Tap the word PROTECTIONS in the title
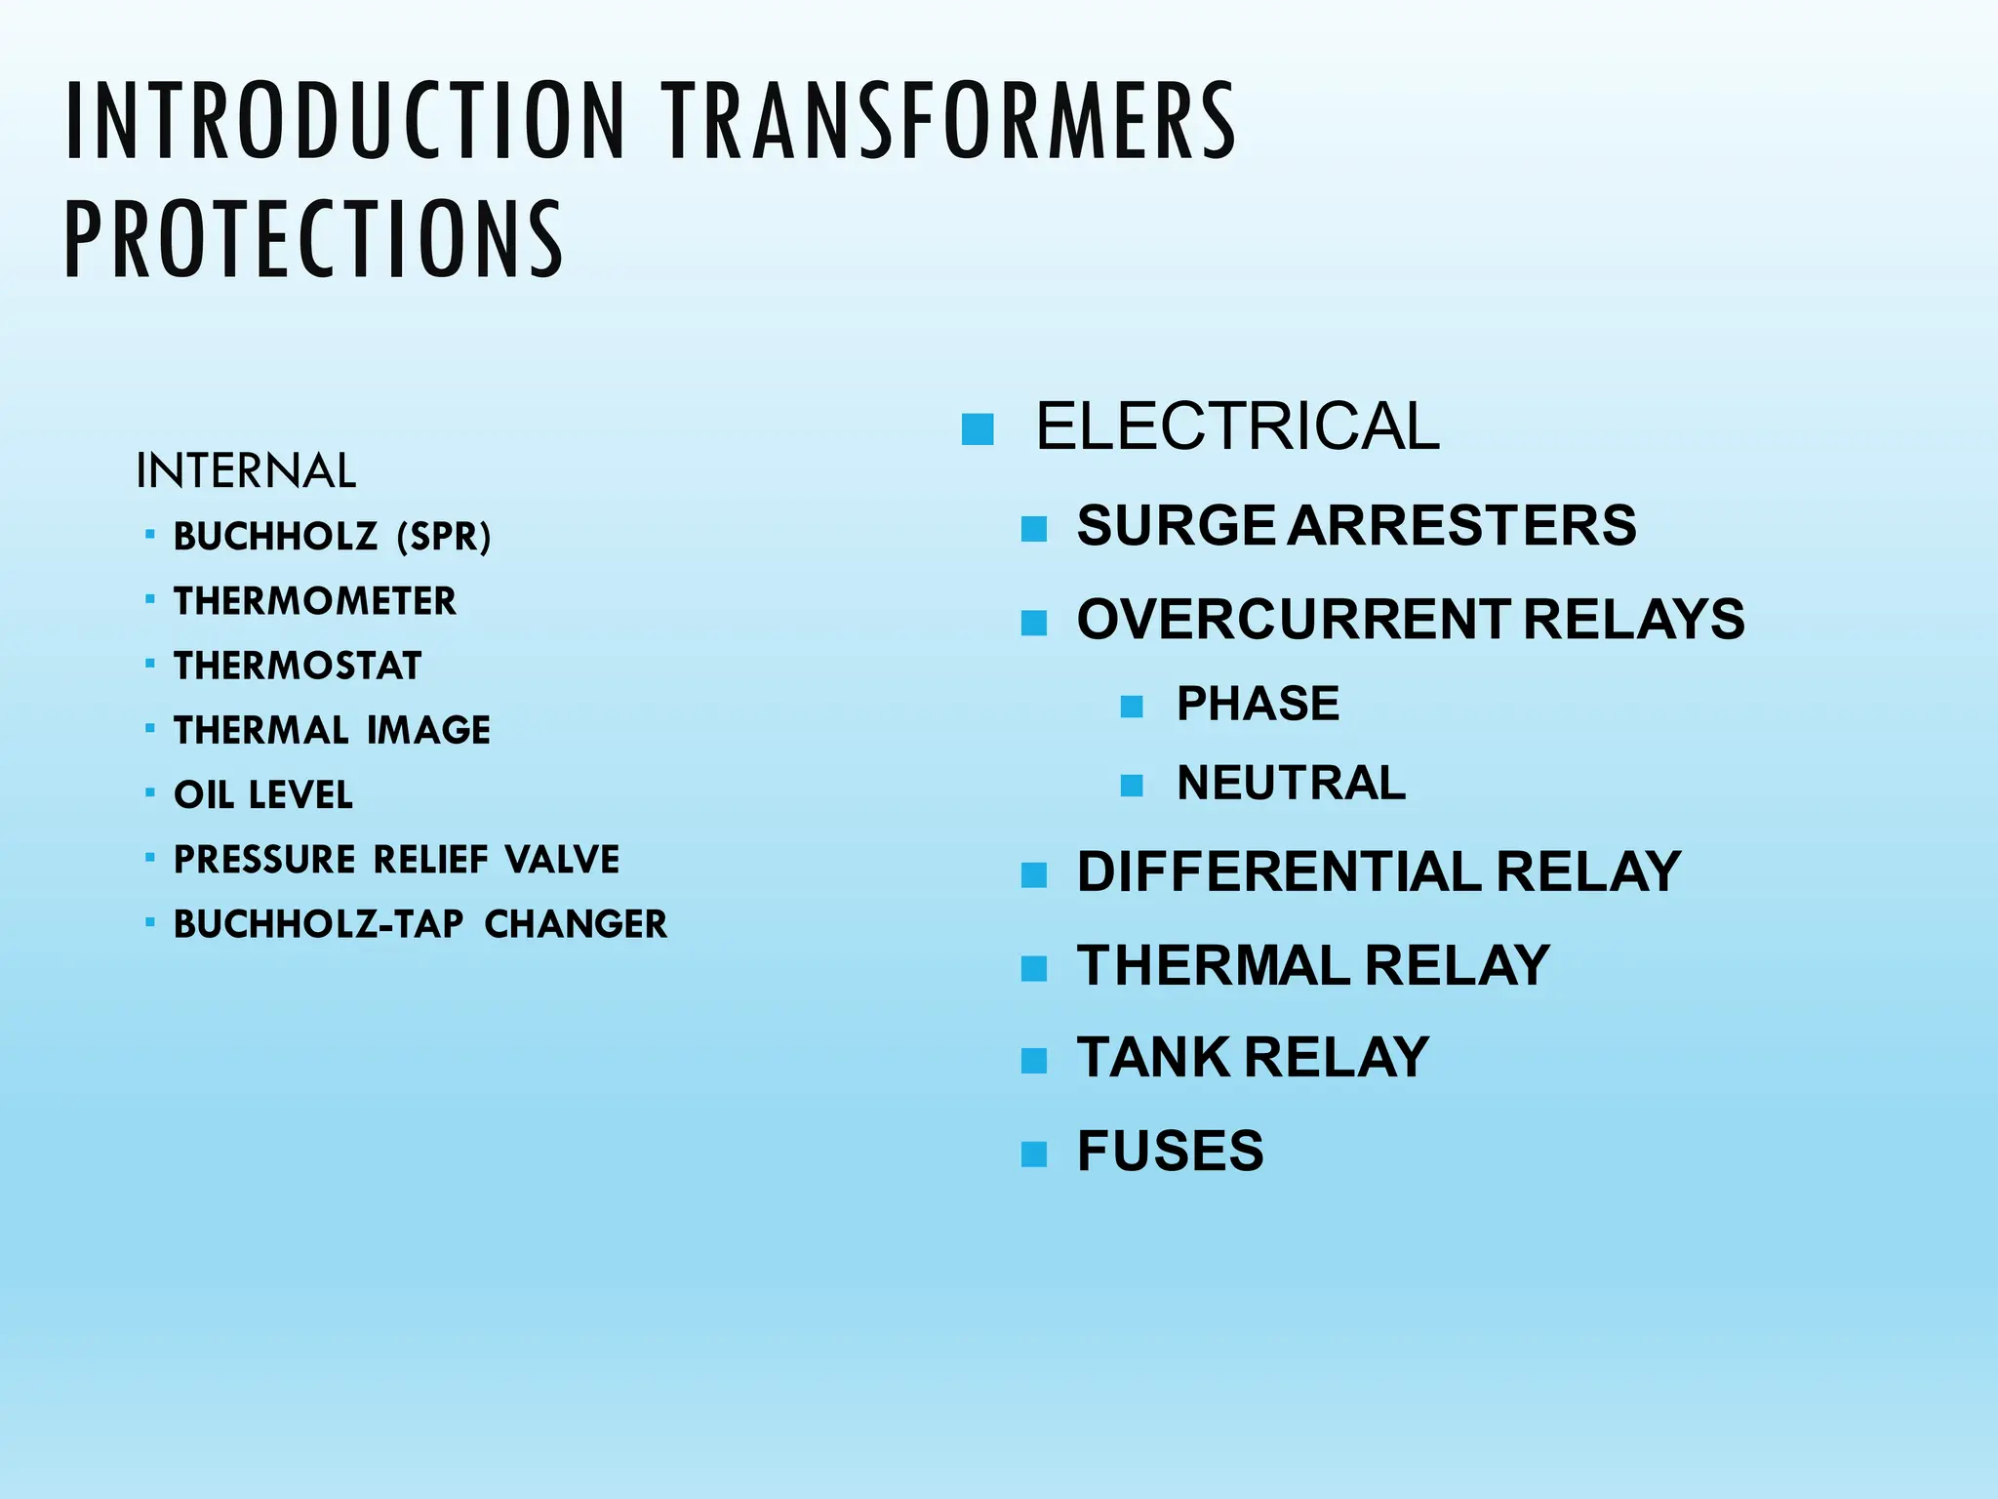point(313,239)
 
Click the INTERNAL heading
point(246,471)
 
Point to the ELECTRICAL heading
point(1237,426)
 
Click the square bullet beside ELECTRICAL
point(977,429)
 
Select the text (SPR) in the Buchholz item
point(444,537)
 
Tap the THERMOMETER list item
point(314,601)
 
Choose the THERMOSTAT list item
point(298,666)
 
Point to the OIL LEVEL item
point(263,794)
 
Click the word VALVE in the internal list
point(562,860)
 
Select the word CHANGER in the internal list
point(576,924)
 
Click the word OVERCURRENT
point(1294,619)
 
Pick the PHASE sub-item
point(1258,704)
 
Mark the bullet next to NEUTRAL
point(1132,785)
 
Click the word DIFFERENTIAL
point(1279,871)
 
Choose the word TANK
point(1154,1057)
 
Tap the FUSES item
point(1170,1151)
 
